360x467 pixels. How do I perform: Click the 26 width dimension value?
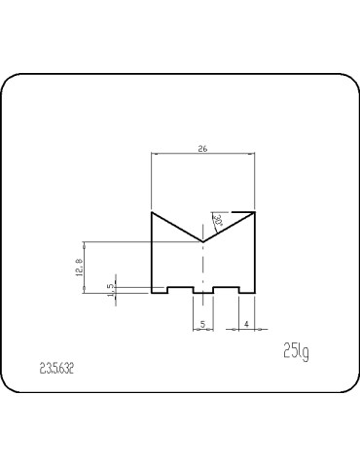(x=202, y=149)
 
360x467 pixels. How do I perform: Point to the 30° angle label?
(x=220, y=223)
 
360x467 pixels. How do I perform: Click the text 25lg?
(x=296, y=350)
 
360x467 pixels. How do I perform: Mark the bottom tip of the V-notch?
(x=202, y=239)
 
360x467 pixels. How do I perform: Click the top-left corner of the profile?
(x=152, y=211)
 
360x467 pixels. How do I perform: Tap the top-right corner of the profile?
(x=254, y=211)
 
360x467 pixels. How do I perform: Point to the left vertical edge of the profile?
(x=152, y=253)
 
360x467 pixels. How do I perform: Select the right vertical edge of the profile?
(x=254, y=253)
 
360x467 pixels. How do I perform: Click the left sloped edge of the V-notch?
(x=177, y=226)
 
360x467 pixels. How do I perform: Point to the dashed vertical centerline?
(x=202, y=268)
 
